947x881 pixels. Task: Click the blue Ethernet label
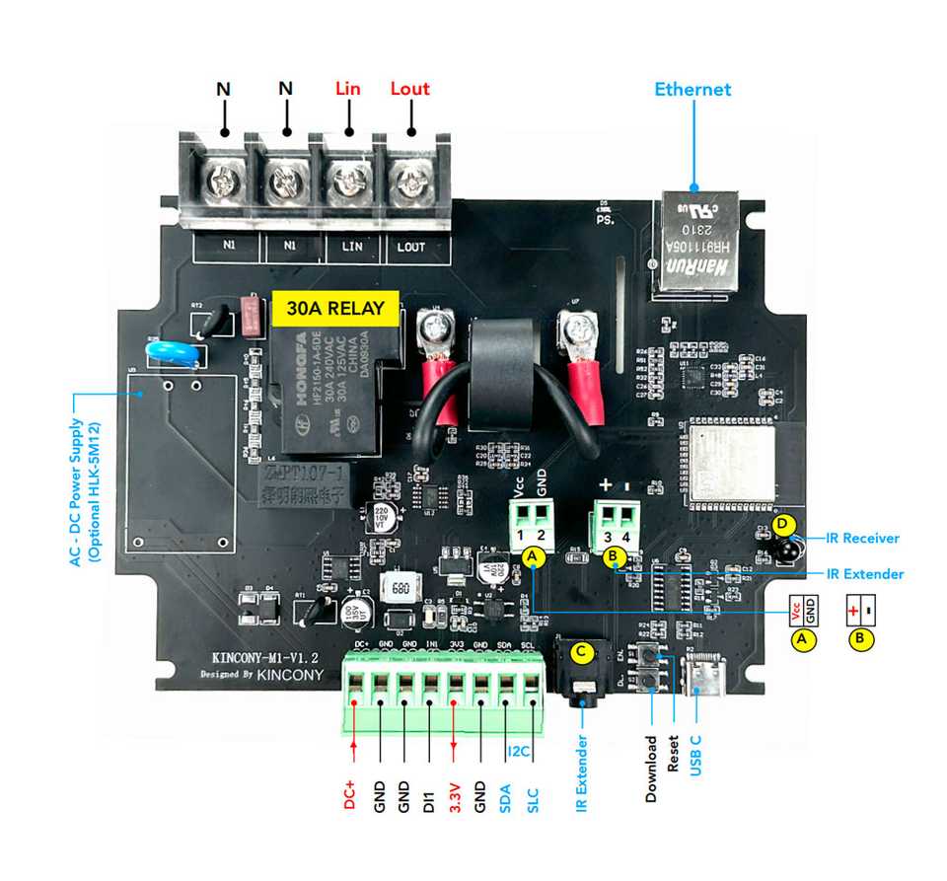click(692, 90)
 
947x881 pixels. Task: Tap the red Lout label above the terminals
click(409, 89)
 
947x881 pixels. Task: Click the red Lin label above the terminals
click(347, 89)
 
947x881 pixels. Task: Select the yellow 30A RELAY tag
click(335, 308)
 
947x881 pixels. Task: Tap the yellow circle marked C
click(582, 651)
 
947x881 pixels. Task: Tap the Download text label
click(651, 769)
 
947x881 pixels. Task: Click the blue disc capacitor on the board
click(175, 352)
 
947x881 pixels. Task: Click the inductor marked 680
click(401, 589)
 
